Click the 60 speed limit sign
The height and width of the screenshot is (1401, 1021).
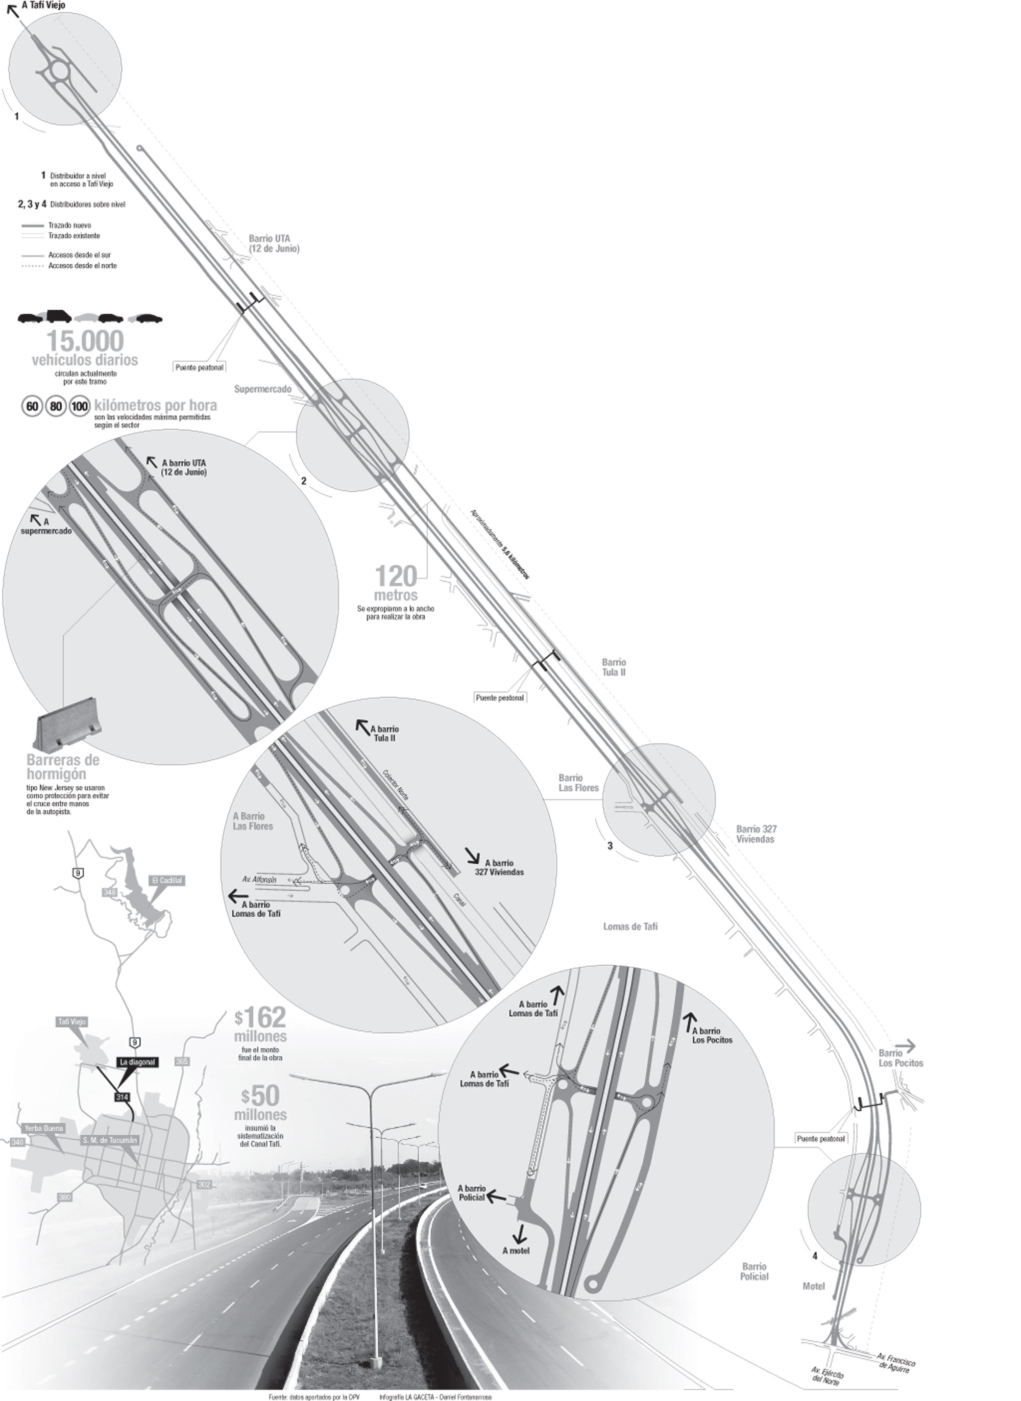click(32, 407)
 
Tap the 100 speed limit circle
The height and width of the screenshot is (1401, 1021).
click(80, 407)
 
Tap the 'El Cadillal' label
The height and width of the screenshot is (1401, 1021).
click(167, 880)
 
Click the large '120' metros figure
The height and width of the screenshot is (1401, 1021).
click(396, 577)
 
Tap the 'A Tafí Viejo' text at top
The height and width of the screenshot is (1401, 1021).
click(44, 6)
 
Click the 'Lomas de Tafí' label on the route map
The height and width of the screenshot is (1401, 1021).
click(630, 927)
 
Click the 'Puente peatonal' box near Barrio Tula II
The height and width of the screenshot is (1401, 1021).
click(499, 698)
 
